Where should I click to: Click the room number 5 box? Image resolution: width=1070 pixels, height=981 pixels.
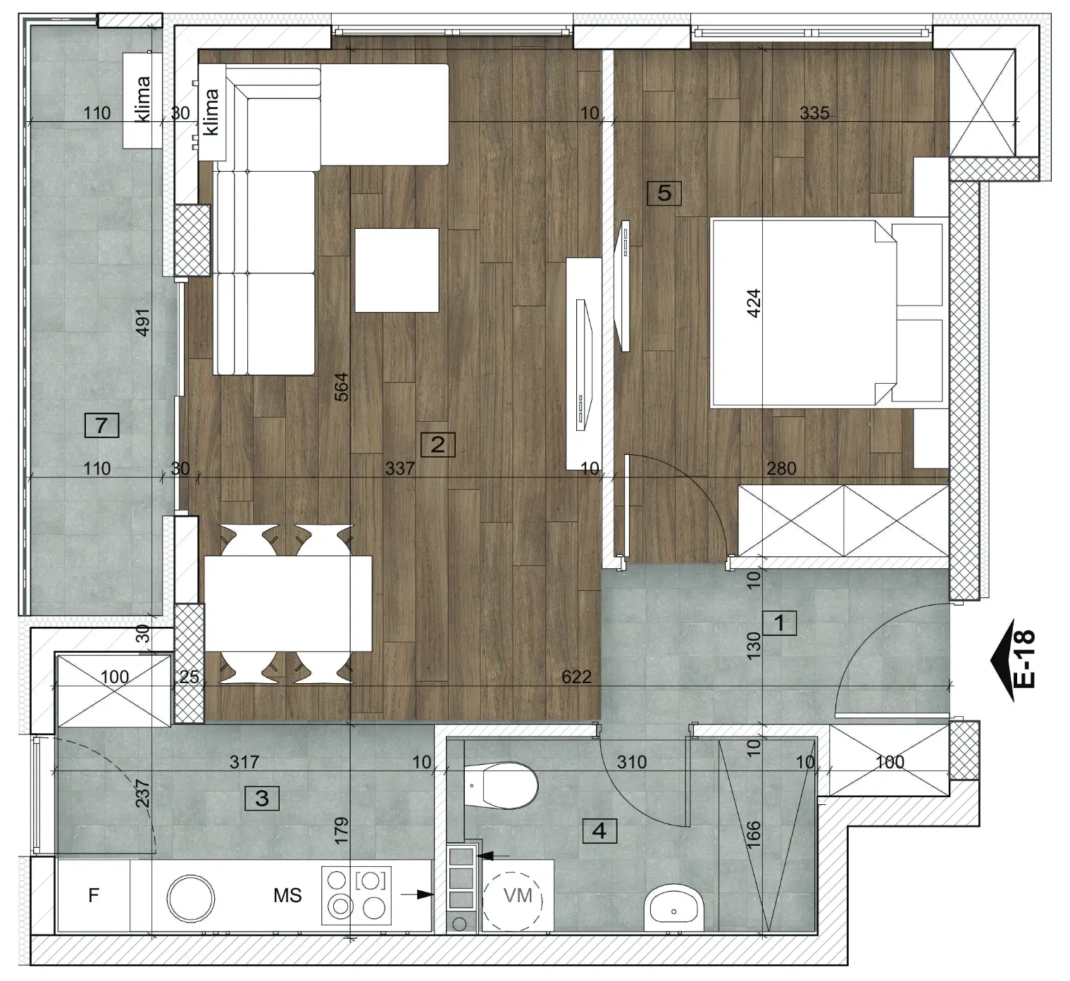tap(664, 193)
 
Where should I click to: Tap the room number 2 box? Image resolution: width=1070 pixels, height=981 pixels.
tap(437, 444)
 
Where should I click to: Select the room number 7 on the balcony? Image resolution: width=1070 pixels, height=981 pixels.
tap(101, 425)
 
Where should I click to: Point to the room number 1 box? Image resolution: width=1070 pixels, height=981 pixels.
tap(779, 623)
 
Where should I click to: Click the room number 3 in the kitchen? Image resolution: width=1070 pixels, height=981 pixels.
tap(262, 798)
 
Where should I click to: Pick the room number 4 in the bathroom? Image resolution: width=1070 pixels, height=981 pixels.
tap(599, 830)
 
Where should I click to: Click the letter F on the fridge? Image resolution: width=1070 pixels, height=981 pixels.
tap(94, 895)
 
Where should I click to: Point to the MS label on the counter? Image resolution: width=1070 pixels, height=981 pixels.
tap(287, 895)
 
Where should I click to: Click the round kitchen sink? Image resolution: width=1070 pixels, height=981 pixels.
tap(191, 899)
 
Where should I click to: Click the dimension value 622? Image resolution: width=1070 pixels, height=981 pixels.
tap(577, 676)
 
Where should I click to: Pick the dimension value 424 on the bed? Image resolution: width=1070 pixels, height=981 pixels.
tap(753, 303)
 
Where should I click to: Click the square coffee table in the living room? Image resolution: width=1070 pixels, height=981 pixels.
tap(397, 270)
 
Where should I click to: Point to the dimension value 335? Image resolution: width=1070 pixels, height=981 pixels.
tap(814, 113)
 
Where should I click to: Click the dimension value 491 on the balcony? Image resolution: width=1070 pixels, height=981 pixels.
tap(142, 323)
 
